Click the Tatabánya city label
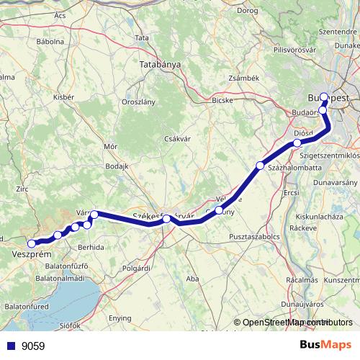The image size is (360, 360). click(x=160, y=65)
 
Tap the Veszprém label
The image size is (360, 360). click(x=31, y=254)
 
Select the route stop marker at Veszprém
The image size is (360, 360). click(x=31, y=243)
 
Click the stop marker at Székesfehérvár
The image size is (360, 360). click(x=166, y=219)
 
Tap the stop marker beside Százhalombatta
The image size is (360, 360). click(x=260, y=166)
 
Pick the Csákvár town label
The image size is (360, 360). click(x=176, y=138)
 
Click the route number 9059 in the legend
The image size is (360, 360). click(x=33, y=346)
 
